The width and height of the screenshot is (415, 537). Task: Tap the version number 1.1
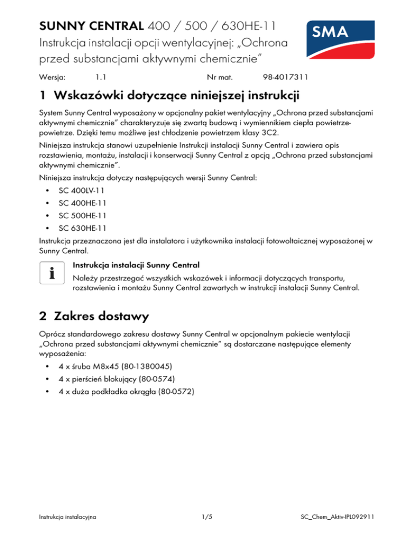coord(100,78)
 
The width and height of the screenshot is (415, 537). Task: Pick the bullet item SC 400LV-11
coord(81,191)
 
